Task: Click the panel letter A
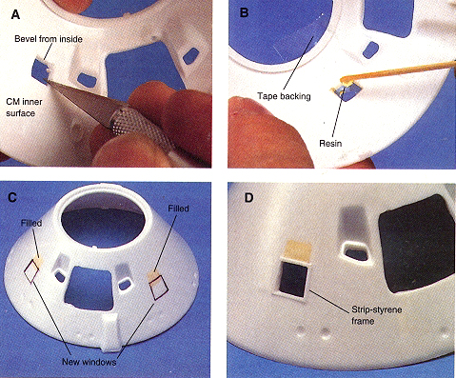click(15, 14)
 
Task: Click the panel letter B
click(245, 12)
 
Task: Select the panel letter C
click(12, 197)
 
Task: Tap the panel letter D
click(248, 198)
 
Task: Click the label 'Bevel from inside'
click(49, 39)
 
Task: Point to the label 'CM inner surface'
click(24, 108)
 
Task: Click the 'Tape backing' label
click(284, 96)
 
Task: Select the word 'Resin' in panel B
click(330, 144)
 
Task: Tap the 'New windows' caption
click(89, 362)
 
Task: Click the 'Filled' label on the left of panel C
click(31, 223)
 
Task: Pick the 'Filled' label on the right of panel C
click(178, 209)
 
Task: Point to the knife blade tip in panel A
click(47, 81)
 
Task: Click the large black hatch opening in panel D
click(417, 244)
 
